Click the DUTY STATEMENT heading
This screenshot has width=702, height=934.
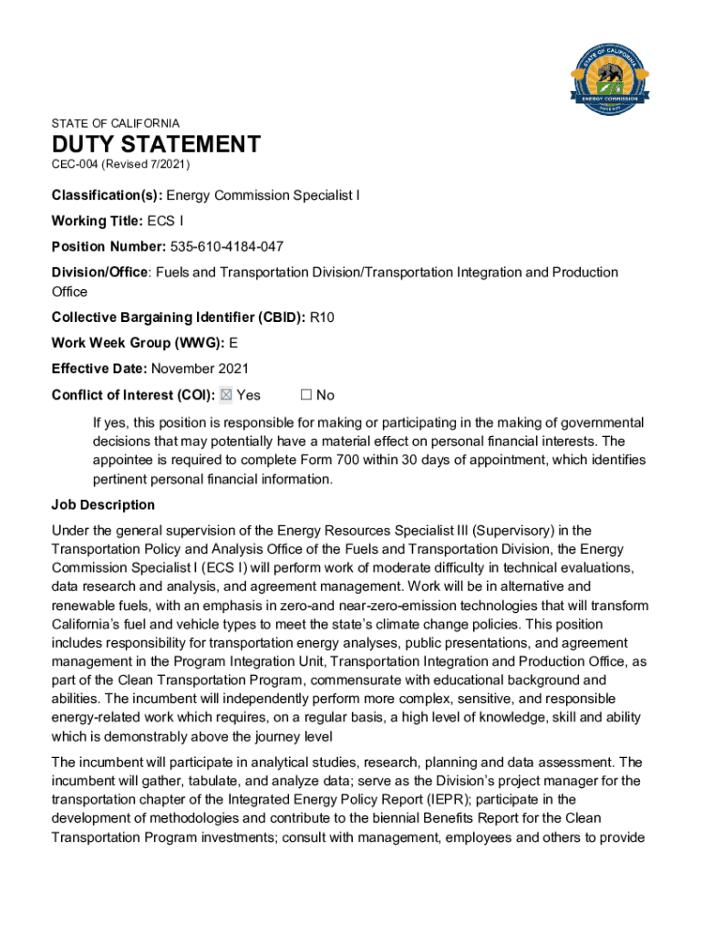pyautogui.click(x=156, y=144)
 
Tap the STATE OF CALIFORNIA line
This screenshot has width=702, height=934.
pyautogui.click(x=116, y=123)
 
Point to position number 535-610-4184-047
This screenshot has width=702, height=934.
pyautogui.click(x=234, y=246)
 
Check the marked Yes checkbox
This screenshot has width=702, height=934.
pyautogui.click(x=227, y=395)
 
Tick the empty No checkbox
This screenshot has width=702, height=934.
pyautogui.click(x=306, y=395)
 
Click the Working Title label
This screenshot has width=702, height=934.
pyautogui.click(x=97, y=221)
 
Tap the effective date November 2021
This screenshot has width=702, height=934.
pyautogui.click(x=200, y=368)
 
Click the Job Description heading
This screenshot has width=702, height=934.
pyautogui.click(x=103, y=504)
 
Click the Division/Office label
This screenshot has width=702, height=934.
pyautogui.click(x=100, y=272)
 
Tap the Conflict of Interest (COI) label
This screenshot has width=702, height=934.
pyautogui.click(x=133, y=395)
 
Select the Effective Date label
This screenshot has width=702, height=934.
pyautogui.click(x=98, y=368)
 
